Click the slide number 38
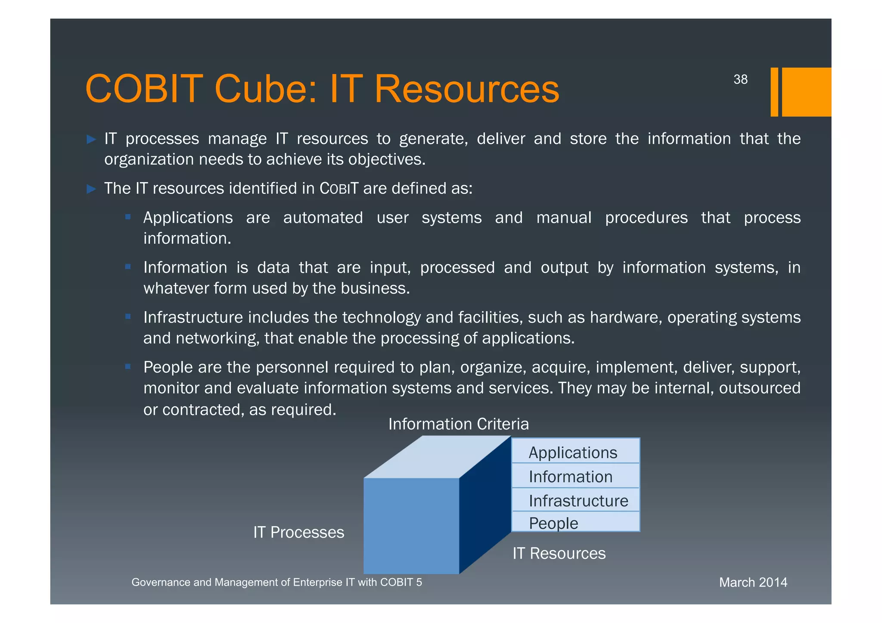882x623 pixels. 740,80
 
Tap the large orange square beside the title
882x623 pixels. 806,92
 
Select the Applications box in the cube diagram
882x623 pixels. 575,452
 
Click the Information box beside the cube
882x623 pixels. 575,476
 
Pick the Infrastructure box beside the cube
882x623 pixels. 575,500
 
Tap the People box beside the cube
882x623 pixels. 575,522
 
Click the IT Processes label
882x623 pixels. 298,532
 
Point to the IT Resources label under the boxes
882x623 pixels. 559,553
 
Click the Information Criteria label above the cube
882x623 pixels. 458,424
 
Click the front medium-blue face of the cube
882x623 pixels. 411,525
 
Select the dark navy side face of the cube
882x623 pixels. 484,504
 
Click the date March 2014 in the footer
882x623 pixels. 753,582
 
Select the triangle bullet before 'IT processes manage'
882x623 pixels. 91,139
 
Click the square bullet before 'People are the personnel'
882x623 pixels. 128,367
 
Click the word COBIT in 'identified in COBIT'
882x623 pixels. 339,189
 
